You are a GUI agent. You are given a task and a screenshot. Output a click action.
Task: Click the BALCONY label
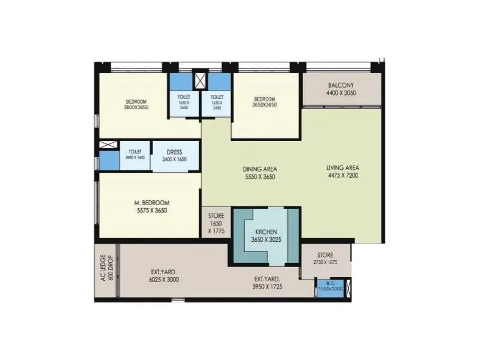pyautogui.click(x=341, y=85)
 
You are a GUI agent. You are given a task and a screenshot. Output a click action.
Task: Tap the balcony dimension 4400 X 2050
pyautogui.click(x=341, y=94)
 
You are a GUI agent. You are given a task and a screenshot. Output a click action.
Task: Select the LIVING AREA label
pyautogui.click(x=342, y=167)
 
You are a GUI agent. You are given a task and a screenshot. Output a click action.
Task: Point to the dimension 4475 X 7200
pyautogui.click(x=342, y=176)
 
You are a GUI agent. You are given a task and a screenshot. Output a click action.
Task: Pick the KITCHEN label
pyautogui.click(x=266, y=231)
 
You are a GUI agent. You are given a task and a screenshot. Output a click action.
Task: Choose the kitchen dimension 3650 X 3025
pyautogui.click(x=266, y=239)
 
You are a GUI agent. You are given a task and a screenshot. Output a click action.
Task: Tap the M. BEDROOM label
pyautogui.click(x=151, y=202)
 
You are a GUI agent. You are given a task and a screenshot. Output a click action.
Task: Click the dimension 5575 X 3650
pyautogui.click(x=151, y=211)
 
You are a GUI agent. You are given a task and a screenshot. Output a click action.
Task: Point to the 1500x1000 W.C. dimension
pyautogui.click(x=331, y=289)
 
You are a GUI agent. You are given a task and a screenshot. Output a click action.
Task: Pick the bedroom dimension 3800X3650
pyautogui.click(x=136, y=107)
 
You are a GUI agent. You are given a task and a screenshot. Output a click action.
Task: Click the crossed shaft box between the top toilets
pyautogui.click(x=201, y=80)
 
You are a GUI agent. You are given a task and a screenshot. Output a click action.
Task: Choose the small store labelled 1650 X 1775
pyautogui.click(x=216, y=223)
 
